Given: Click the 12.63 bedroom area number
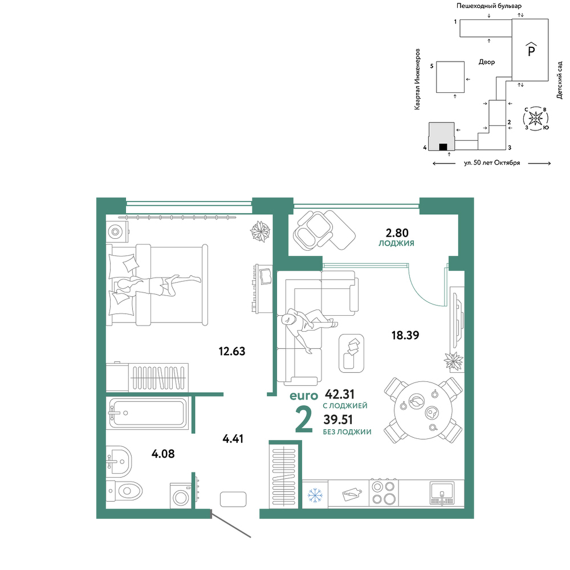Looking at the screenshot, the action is click(x=232, y=352).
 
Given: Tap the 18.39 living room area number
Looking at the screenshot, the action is click(x=405, y=335).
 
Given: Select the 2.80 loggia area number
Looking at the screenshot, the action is click(x=397, y=233).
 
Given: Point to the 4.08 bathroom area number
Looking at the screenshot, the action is click(x=163, y=454).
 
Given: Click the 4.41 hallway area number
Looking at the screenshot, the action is click(x=233, y=439).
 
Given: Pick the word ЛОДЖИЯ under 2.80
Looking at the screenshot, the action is click(x=396, y=243).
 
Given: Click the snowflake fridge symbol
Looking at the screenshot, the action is click(x=315, y=495).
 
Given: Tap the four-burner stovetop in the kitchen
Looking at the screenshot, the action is click(x=384, y=492).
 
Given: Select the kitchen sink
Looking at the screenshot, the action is click(x=442, y=493).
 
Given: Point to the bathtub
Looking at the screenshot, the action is click(x=147, y=413).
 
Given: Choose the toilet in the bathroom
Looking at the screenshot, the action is click(x=124, y=491).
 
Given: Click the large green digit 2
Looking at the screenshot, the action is click(x=304, y=420).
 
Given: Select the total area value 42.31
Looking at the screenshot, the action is click(x=340, y=394).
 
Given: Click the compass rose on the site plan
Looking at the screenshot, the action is click(x=535, y=118).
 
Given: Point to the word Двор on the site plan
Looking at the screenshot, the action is click(x=487, y=62).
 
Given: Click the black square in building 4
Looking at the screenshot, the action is click(x=443, y=147).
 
